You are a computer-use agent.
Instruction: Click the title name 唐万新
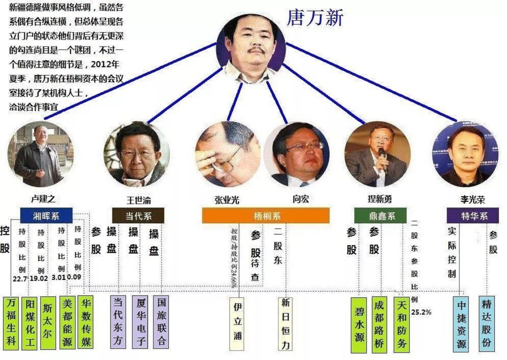point(315,18)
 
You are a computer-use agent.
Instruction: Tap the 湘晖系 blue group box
point(46,215)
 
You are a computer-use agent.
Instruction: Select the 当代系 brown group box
point(138,215)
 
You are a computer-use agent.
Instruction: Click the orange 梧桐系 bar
point(266,216)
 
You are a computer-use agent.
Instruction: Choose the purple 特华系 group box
point(473,215)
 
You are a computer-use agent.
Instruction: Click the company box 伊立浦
point(237,323)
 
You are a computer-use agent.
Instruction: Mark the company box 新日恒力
point(285,323)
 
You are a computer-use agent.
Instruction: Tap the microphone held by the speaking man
point(382,152)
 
